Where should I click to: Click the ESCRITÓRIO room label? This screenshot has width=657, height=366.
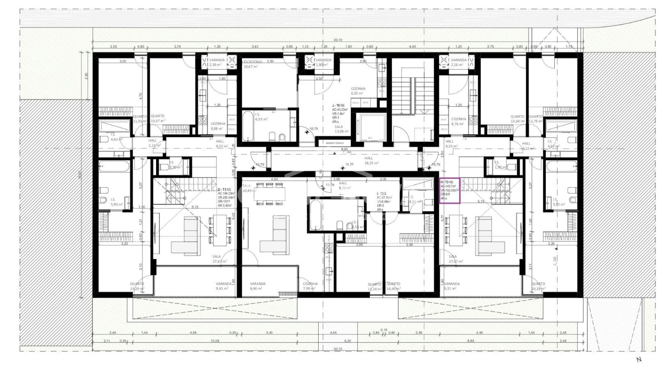(x=253, y=62)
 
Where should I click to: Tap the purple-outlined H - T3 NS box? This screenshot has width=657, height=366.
(x=450, y=190)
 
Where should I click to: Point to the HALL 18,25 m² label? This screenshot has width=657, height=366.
(x=368, y=160)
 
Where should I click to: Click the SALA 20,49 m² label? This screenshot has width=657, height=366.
(x=249, y=188)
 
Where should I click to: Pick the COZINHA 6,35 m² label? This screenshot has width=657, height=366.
(x=358, y=91)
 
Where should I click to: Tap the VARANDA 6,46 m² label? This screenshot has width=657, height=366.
(x=258, y=286)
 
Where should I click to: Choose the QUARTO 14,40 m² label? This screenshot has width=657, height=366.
(x=393, y=286)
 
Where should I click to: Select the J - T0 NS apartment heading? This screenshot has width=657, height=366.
(x=339, y=105)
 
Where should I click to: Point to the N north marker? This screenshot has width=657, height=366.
(x=639, y=359)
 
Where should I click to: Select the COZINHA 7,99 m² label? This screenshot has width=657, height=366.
(x=310, y=286)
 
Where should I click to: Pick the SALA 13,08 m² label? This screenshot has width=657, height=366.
(x=341, y=129)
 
